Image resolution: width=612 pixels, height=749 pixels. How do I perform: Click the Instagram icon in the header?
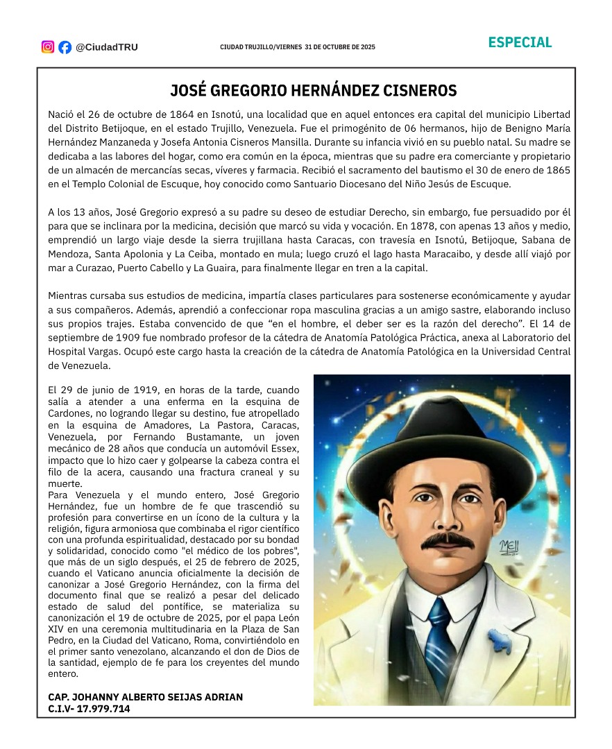click(48, 47)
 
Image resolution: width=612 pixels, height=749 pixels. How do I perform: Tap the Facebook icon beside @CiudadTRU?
click(65, 47)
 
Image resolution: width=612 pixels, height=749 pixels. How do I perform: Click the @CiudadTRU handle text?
click(107, 47)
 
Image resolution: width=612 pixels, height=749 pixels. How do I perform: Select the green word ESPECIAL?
click(520, 42)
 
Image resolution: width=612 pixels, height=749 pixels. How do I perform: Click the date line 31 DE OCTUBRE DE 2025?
click(339, 47)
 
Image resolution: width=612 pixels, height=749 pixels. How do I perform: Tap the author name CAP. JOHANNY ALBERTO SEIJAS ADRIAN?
click(146, 697)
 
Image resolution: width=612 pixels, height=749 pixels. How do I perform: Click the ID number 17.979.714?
click(103, 709)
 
